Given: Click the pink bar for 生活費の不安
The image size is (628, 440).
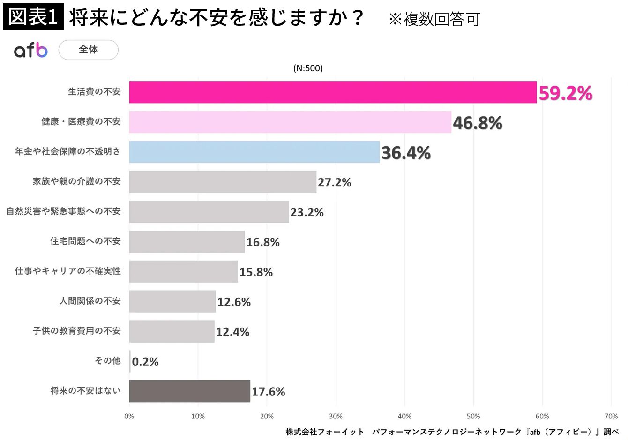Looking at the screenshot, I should [x=333, y=92].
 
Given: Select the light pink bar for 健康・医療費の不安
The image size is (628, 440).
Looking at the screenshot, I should [x=290, y=122].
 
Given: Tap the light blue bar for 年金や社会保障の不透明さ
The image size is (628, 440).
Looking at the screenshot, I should [x=254, y=152].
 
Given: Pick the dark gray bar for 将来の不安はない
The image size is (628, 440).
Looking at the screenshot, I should [x=189, y=391].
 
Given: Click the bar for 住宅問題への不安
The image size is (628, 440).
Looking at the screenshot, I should [x=187, y=241].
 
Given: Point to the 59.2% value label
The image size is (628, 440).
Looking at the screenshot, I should [x=565, y=93].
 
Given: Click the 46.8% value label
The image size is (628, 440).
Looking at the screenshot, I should [x=477, y=123].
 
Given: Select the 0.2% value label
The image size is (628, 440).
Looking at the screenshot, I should [x=145, y=362].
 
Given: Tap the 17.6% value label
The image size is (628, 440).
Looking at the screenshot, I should [x=268, y=392].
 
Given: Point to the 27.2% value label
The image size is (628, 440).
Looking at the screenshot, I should [x=334, y=182].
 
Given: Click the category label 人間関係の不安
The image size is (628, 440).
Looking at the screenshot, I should [x=90, y=301].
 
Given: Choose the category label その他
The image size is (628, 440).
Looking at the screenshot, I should [x=107, y=360].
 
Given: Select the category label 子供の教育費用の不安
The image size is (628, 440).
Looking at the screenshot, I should [x=76, y=331].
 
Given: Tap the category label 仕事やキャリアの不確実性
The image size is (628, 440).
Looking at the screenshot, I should [x=67, y=271].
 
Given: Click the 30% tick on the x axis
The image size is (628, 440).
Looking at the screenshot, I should [x=336, y=416].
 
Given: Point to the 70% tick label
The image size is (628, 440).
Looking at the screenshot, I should [x=611, y=416].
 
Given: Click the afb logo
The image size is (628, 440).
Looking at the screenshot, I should [x=31, y=50].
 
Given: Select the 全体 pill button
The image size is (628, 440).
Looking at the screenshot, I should [x=88, y=50].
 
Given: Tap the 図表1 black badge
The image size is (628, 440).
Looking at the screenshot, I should [x=33, y=17].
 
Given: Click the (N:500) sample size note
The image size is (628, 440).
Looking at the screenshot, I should [x=308, y=68].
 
